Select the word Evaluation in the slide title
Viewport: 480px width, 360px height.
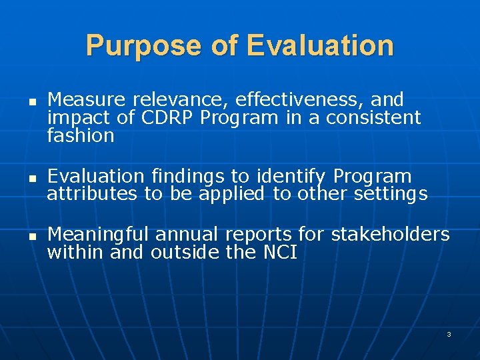point(319,46)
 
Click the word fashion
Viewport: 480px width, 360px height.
point(81,136)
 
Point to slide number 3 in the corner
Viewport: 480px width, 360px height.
point(449,334)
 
